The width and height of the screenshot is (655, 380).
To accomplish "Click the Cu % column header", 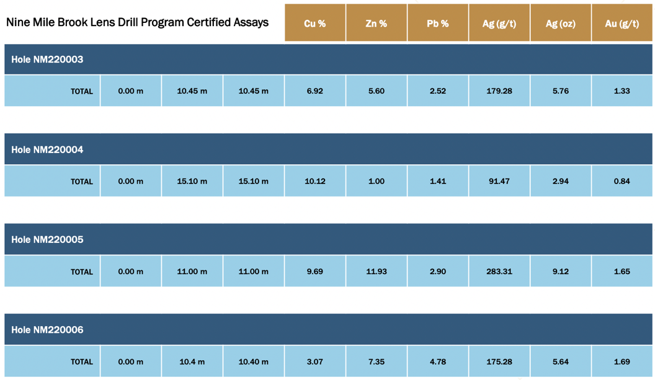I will [x=314, y=24].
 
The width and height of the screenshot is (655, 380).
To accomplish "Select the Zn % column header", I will [x=376, y=24].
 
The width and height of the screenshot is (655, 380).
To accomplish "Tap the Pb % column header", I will [x=437, y=24].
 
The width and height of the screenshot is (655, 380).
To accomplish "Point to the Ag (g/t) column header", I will [x=499, y=24].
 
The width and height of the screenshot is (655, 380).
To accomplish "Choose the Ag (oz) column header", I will [x=560, y=24].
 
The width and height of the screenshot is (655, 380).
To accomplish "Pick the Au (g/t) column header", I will [x=622, y=24].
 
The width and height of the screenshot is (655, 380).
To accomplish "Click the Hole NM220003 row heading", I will [x=47, y=60].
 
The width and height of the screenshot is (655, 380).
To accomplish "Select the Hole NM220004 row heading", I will [x=47, y=149].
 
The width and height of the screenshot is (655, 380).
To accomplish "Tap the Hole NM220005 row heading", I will [x=47, y=239].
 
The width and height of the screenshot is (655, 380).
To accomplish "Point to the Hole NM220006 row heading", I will [x=47, y=330].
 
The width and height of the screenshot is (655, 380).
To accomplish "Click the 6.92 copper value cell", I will [x=314, y=91].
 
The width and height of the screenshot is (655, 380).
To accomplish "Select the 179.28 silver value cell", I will [x=499, y=91].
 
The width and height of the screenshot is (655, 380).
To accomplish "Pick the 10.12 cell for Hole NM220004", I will [x=314, y=182].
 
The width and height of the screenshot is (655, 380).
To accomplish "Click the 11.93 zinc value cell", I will [x=376, y=272].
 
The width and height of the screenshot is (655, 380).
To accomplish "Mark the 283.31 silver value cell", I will [x=499, y=272].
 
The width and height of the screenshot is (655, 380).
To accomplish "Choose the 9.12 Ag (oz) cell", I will [x=560, y=272].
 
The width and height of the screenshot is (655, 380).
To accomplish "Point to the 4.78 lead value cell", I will [x=437, y=362].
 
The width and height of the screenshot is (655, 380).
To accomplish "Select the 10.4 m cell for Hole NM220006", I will [x=192, y=362].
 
